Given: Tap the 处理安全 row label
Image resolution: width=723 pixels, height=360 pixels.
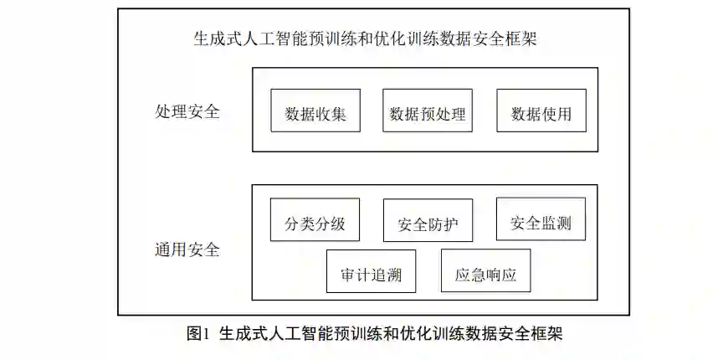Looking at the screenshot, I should coord(188,111).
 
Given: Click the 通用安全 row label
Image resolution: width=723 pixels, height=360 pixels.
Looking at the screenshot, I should coord(188,249).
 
